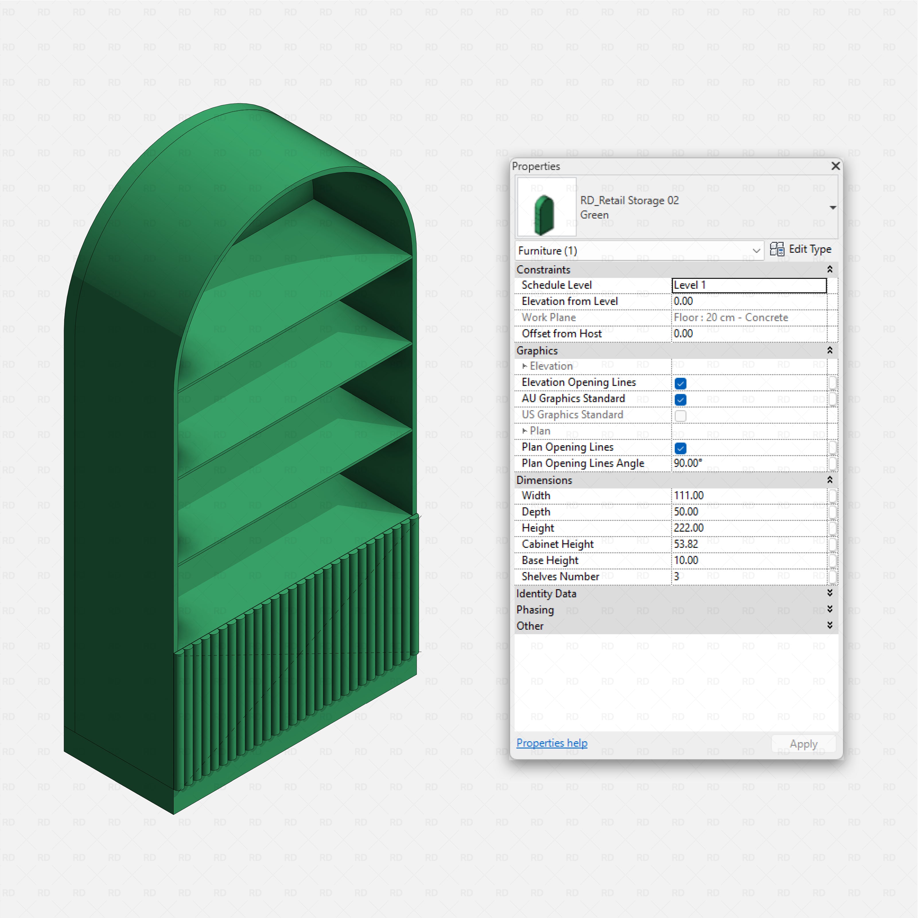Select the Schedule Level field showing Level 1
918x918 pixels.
(x=749, y=285)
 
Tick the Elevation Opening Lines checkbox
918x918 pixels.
(x=680, y=383)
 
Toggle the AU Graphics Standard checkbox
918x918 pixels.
(x=680, y=399)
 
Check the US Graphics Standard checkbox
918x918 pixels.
(x=680, y=416)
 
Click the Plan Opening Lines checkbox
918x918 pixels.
(x=680, y=448)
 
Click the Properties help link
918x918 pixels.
(x=552, y=743)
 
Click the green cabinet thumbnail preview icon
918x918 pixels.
(x=546, y=207)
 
